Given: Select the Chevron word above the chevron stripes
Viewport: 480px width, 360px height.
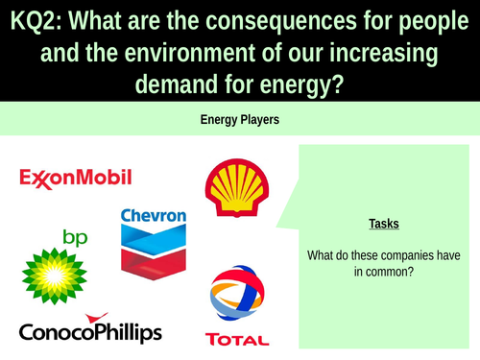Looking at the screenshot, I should pyautogui.click(x=154, y=216).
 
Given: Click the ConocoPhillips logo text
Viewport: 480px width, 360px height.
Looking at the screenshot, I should pyautogui.click(x=90, y=331).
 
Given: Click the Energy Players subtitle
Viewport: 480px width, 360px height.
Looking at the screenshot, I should pyautogui.click(x=239, y=120).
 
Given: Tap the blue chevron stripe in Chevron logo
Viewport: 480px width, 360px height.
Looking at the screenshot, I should pyautogui.click(x=154, y=237).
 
